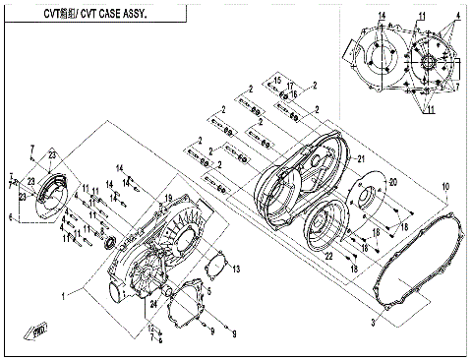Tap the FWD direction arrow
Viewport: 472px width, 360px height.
click(x=40, y=328)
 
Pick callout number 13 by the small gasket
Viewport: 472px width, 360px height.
click(x=235, y=267)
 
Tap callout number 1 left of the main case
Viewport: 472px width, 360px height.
click(x=64, y=294)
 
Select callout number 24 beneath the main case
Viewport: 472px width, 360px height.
click(x=153, y=303)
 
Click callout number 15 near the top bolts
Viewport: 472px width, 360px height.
click(x=278, y=79)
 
